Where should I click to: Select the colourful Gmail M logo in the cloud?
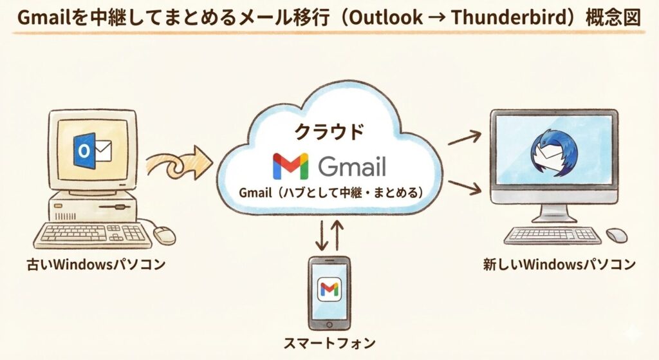[x=290, y=166]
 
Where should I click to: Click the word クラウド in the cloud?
[x=329, y=132]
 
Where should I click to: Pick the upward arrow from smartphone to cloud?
[x=339, y=235]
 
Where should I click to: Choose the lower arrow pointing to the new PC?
[x=465, y=187]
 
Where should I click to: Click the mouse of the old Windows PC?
[x=165, y=235]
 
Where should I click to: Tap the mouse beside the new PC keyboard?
[x=617, y=234]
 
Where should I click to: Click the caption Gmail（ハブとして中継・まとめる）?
[x=330, y=193]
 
